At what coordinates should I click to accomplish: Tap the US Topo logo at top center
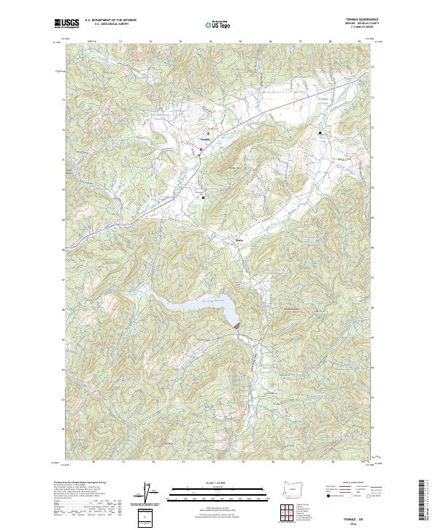point(219,24)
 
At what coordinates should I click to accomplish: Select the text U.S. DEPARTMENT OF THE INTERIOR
point(111,20)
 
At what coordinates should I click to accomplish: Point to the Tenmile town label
point(205,140)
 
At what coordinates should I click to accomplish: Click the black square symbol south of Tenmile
point(204,197)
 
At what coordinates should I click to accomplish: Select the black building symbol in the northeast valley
point(320,133)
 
